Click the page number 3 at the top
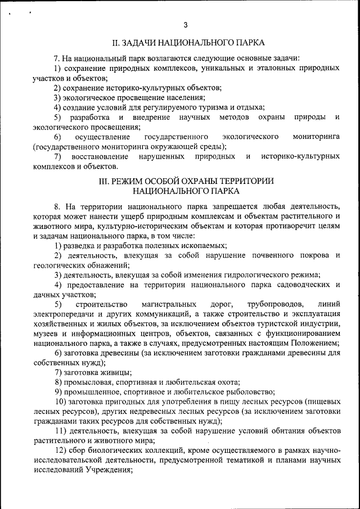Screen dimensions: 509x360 pos(186,25)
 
